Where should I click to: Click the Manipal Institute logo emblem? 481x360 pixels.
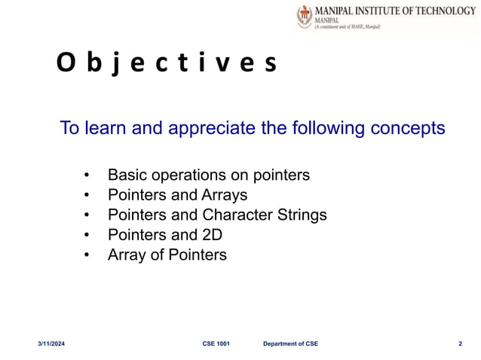point(305,17)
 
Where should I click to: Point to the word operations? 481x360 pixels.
point(188,175)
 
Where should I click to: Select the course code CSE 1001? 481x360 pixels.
point(216,344)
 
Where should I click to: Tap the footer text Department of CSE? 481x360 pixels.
point(290,344)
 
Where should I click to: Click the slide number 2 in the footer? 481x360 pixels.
point(460,344)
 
